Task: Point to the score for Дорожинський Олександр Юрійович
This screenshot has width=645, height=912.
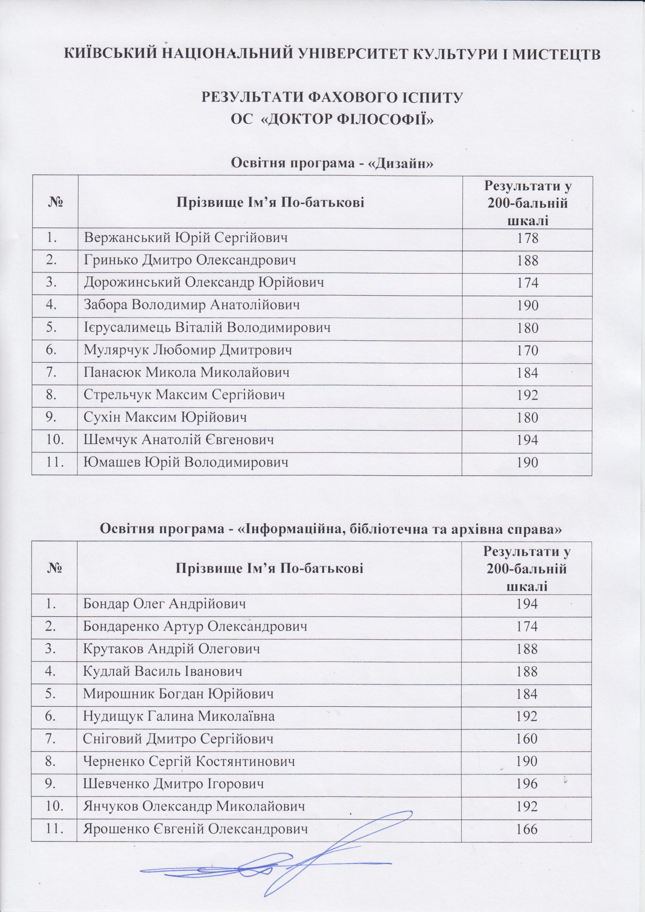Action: [527, 283]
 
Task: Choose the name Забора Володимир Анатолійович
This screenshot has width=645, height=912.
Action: [192, 306]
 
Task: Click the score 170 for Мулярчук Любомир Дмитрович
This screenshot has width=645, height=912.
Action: [527, 350]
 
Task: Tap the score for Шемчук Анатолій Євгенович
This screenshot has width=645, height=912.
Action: [527, 440]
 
